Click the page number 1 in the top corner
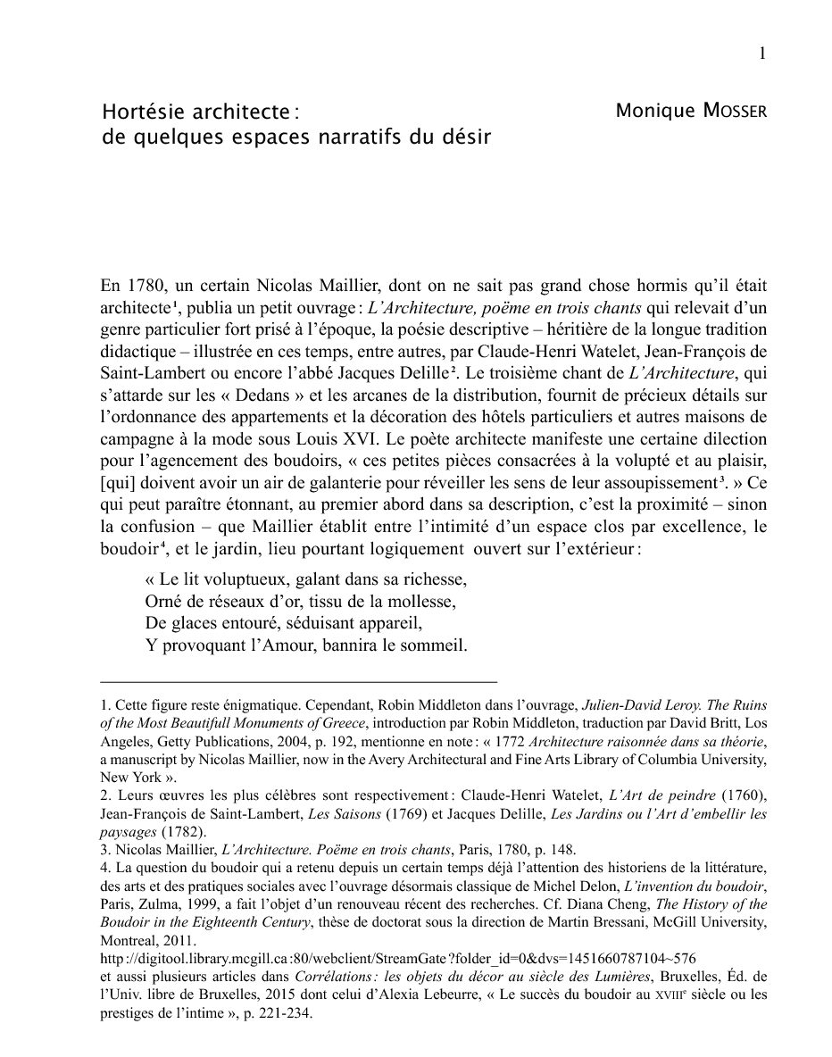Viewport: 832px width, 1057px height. tap(761, 54)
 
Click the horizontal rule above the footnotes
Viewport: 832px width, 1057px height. tap(298, 681)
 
